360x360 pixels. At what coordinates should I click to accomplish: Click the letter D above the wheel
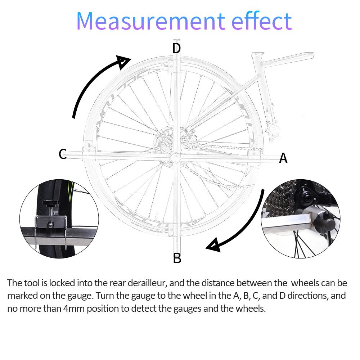176,48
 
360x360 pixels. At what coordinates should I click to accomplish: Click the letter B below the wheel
177,258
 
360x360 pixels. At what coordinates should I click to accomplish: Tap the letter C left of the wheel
63,154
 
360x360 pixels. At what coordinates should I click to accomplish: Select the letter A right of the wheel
283,158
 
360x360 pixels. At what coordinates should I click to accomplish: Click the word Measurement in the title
150,21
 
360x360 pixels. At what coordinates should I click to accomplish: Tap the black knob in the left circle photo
50,203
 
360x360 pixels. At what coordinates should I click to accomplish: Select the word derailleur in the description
147,283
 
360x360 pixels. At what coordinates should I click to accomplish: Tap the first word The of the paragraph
14,283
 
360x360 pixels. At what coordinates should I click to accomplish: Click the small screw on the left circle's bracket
50,224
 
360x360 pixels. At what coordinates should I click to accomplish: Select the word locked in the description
62,283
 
